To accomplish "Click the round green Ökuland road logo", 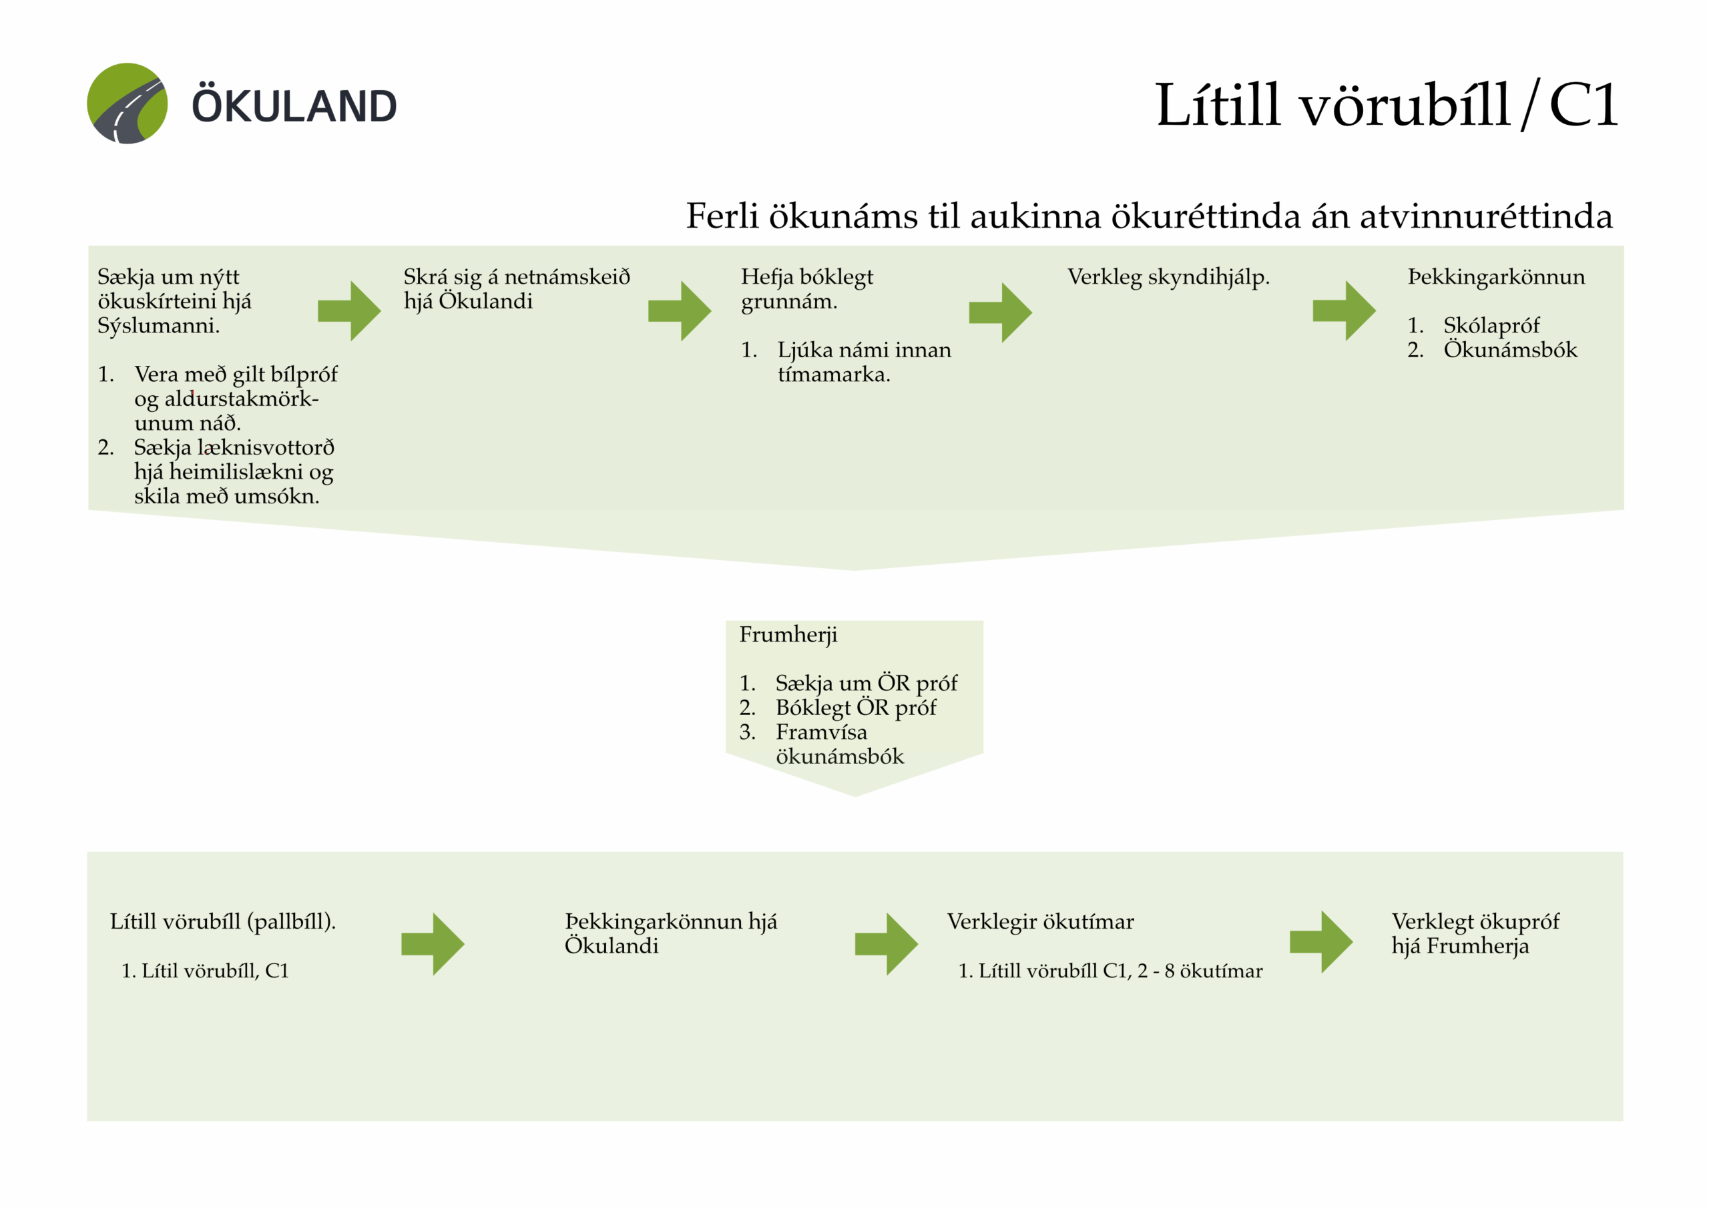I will pos(128,103).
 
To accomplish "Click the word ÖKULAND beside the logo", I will pos(295,105).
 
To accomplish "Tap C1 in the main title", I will pos(1583,105).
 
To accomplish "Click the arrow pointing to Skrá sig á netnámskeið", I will pos(350,311).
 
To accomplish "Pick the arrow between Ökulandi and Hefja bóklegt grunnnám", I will pos(680,311).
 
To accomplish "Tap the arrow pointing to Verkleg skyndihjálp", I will pos(1001,312).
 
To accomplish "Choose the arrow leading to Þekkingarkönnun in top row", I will pos(1345,311).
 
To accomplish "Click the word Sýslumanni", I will pos(158,325).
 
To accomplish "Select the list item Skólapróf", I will pos(1491,325).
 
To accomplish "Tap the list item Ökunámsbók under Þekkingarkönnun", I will pos(1509,350).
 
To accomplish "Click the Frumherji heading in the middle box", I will pos(788,634).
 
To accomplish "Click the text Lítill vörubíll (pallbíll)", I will pos(222,922).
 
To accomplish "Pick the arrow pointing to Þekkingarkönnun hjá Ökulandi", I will pos(433,944).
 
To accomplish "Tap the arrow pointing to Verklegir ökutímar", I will pos(887,944).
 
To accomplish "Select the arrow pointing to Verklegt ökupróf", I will pos(1321,942).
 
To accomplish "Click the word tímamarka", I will pos(833,375).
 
